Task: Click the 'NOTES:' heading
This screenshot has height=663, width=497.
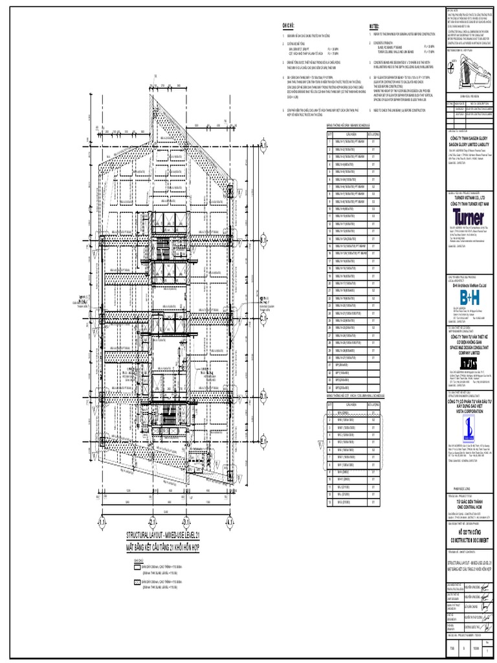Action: [374, 25]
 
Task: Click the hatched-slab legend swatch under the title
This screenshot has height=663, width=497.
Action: [137, 583]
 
